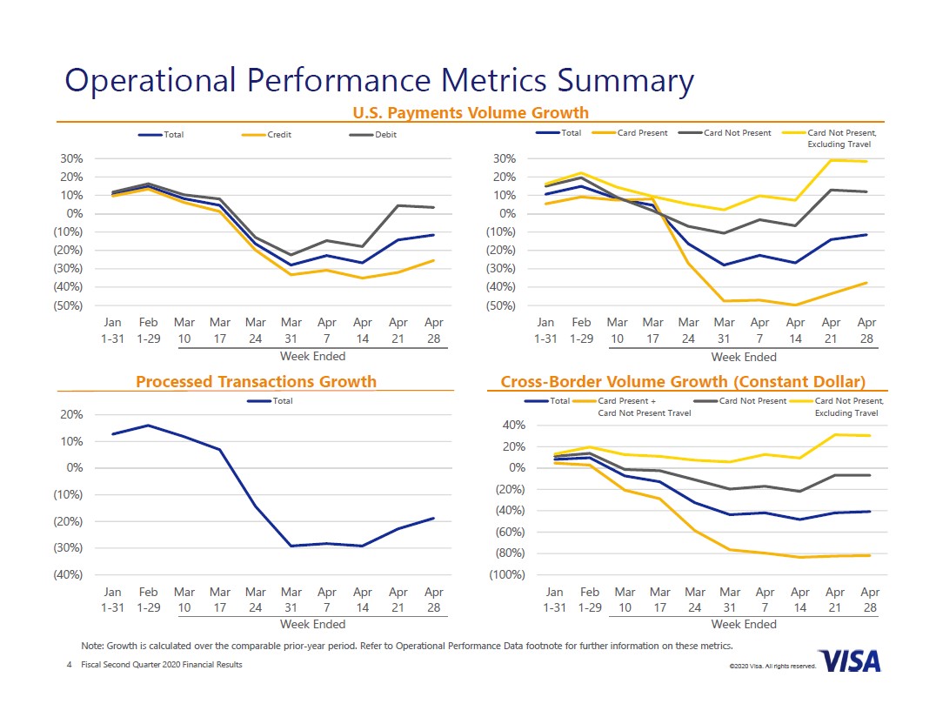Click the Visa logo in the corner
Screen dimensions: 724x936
[x=850, y=661]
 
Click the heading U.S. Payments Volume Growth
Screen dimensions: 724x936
[x=470, y=112]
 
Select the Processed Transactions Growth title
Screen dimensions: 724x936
[x=256, y=381]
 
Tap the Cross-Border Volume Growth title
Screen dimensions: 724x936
[x=683, y=381]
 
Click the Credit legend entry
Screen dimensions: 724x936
[x=278, y=135]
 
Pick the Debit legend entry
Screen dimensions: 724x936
[x=385, y=135]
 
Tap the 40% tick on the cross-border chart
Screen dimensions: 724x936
[x=513, y=425]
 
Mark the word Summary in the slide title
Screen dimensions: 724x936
[x=625, y=80]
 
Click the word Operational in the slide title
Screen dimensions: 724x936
[x=150, y=80]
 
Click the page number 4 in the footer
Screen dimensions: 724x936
[x=69, y=665]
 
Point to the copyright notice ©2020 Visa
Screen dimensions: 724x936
[x=772, y=666]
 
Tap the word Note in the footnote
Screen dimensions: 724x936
[x=91, y=646]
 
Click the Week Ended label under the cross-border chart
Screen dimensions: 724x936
[x=744, y=624]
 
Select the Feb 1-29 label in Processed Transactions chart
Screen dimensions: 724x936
[x=149, y=600]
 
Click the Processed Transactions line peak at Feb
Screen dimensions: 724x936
[x=149, y=426]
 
